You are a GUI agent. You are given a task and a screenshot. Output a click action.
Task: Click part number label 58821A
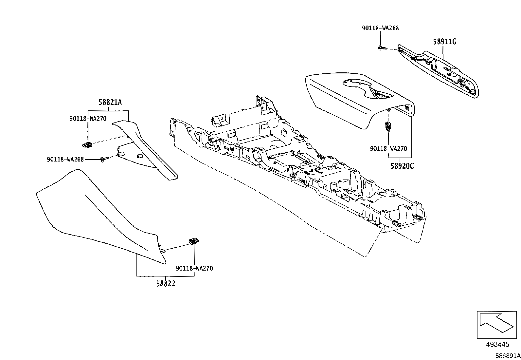coord(110,102)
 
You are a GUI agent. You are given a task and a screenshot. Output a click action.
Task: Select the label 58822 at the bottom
coord(165,284)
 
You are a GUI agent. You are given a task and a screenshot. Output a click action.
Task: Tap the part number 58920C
coord(402,166)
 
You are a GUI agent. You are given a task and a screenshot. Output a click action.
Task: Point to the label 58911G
coord(444,42)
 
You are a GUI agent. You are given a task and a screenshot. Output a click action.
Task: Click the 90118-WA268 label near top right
coord(380,28)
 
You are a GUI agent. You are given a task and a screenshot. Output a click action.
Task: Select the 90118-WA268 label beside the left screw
coord(65,160)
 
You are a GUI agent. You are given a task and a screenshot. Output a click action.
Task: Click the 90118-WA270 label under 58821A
coord(88,119)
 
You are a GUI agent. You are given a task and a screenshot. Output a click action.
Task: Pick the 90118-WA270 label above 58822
coord(194,268)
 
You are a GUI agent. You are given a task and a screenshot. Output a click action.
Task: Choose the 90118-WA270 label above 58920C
coord(388,148)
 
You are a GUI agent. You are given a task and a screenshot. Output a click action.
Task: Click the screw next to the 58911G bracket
coord(382,48)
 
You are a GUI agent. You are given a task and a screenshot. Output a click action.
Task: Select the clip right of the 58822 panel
coord(194,241)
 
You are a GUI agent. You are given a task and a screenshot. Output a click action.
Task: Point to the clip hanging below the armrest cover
coord(388,126)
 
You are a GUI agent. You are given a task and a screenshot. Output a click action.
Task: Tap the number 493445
coord(497,344)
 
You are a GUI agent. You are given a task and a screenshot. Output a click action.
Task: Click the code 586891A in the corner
coord(508,356)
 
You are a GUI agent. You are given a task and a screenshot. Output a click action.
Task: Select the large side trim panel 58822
coord(98,213)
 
